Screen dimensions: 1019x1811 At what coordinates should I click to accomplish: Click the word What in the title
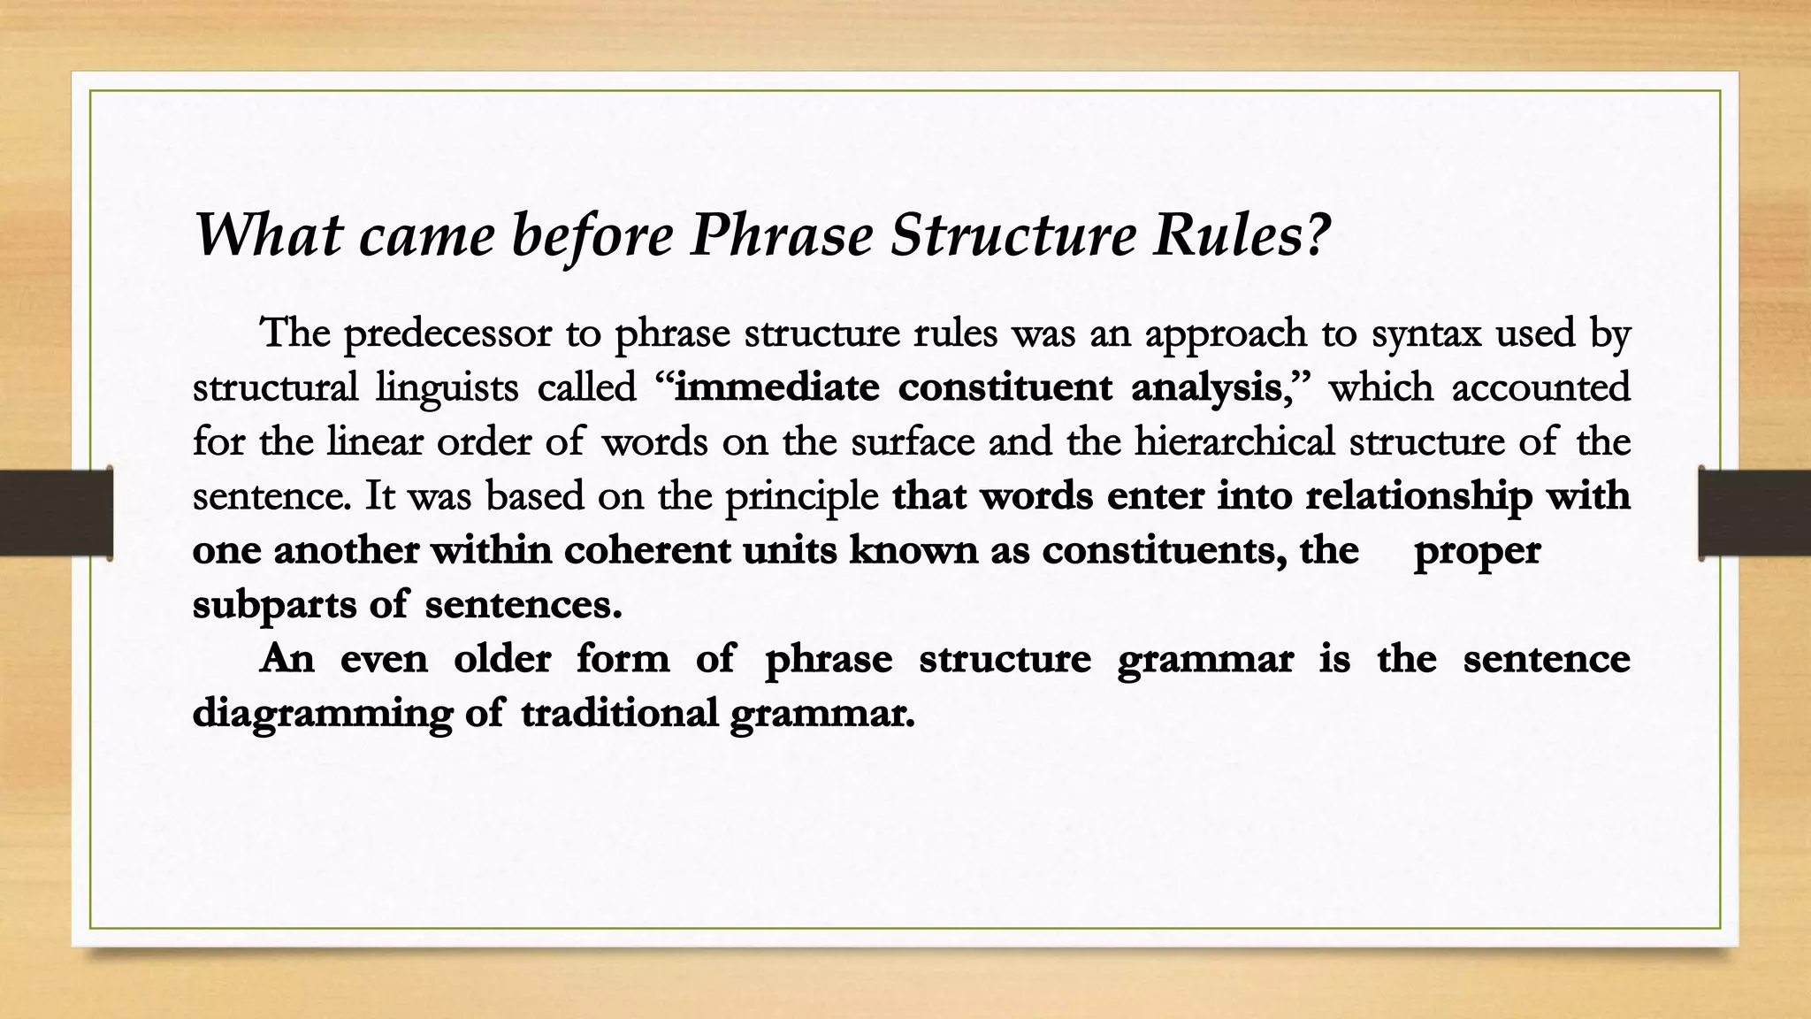(x=268, y=235)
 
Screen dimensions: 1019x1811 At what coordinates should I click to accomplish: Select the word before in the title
(x=592, y=237)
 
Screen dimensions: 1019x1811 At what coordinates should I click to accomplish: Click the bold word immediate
(x=776, y=388)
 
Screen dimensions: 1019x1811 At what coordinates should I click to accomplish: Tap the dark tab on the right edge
(x=1754, y=513)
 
